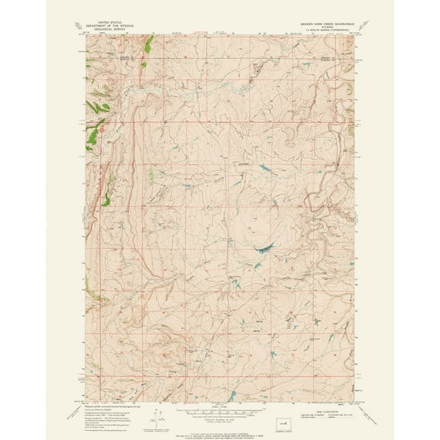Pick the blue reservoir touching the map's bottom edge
coord(226,398)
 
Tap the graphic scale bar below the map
coord(219,408)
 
